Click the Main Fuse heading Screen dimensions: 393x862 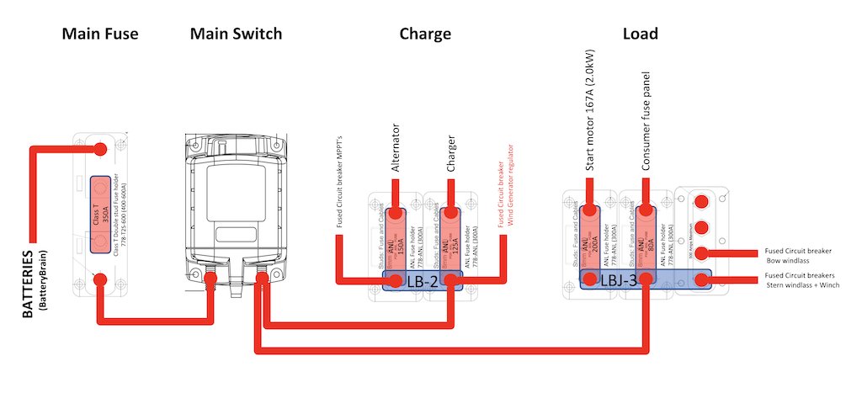point(99,35)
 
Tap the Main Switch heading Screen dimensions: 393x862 point(236,35)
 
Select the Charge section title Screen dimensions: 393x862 point(425,35)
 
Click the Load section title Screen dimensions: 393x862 point(640,35)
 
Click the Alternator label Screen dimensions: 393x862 point(396,148)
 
